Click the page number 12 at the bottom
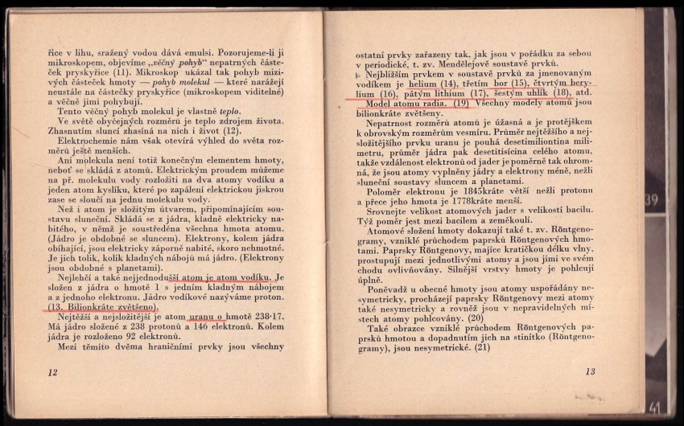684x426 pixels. coord(53,371)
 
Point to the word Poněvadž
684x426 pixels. coord(391,288)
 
